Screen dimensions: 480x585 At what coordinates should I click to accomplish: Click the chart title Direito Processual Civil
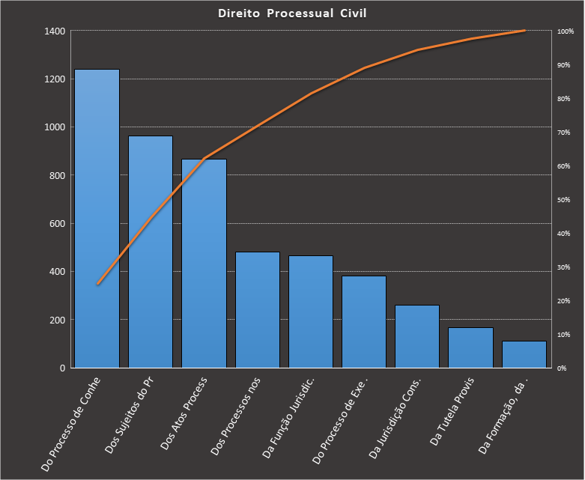tap(292, 13)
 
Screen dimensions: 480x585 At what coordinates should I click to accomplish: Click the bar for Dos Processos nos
tap(258, 310)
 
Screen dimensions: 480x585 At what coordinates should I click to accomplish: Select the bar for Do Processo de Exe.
tap(364, 322)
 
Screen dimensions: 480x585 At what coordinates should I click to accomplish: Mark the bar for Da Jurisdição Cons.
tap(417, 336)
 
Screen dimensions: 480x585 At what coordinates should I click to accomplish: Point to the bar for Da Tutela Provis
tap(471, 347)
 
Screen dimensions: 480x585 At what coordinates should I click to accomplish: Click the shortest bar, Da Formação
tap(524, 354)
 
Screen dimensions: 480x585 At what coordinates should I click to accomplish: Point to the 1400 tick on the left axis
tap(55, 31)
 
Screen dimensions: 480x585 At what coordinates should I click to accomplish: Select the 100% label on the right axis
tap(566, 31)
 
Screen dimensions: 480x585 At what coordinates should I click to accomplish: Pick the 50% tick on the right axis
tap(564, 200)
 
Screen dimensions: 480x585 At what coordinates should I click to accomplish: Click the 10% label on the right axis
tap(564, 335)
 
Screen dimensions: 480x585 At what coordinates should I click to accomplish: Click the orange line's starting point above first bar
tap(97, 284)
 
